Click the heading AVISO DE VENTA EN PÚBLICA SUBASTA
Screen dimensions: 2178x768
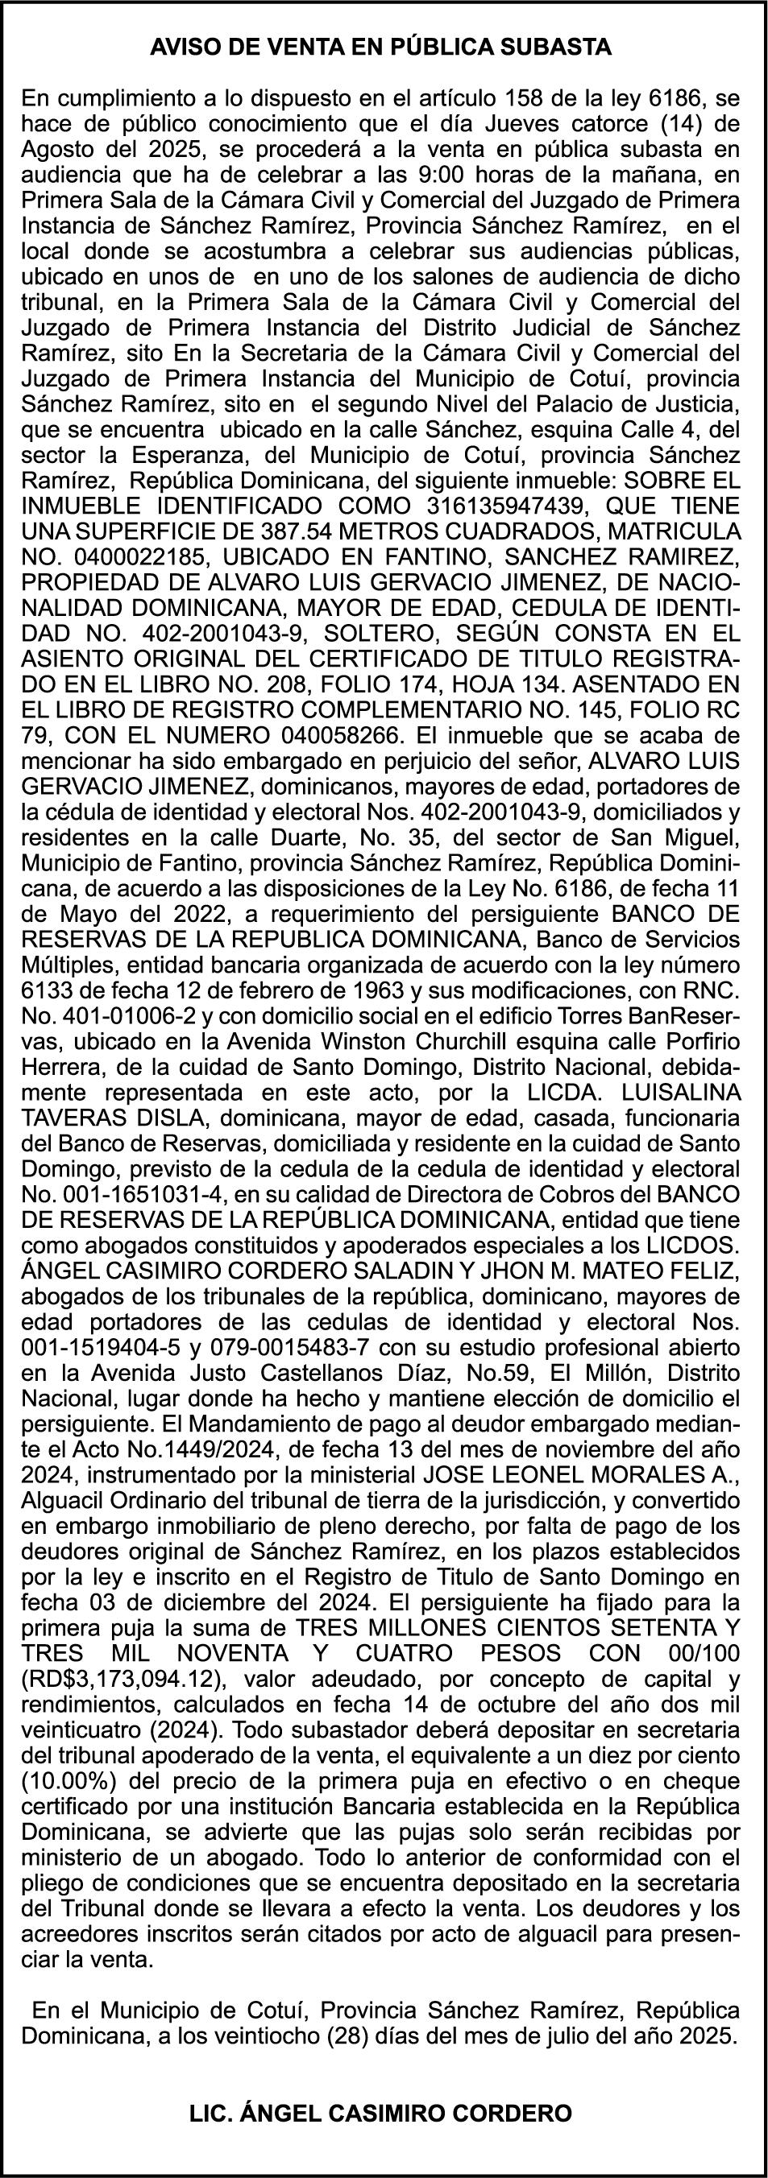(380, 48)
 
